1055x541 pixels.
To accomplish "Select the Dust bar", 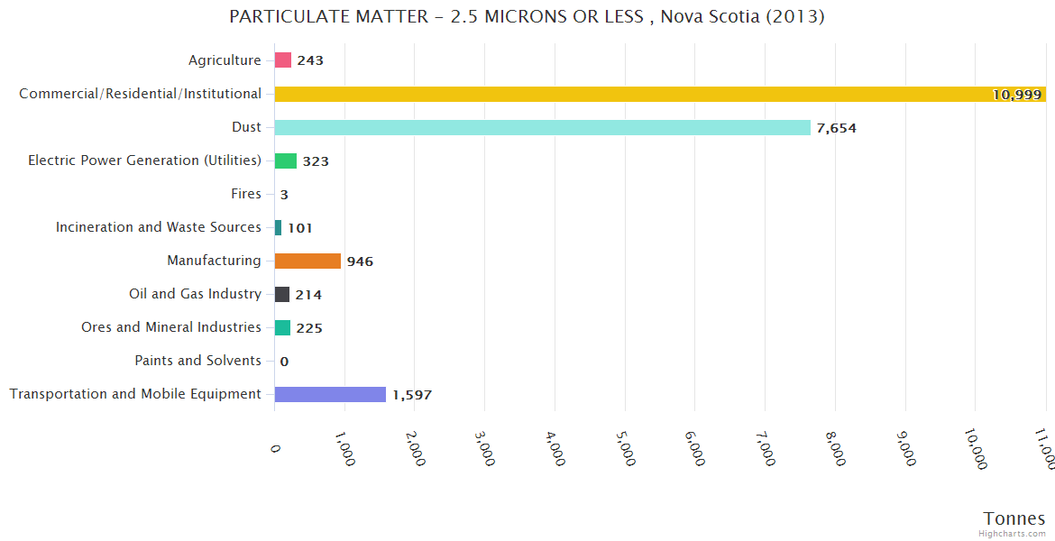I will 542,127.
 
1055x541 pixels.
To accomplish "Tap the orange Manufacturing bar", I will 307,261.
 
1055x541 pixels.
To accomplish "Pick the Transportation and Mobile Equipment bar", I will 330,394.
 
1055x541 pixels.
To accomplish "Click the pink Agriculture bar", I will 283,60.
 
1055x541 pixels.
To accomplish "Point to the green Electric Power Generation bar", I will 286,160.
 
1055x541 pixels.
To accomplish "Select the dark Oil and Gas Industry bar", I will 282,294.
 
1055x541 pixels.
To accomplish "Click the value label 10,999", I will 1016,95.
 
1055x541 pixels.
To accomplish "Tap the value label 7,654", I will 836,128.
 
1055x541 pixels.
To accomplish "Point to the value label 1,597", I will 413,395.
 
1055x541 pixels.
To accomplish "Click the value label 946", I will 360,261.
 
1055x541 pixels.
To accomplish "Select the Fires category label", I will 246,194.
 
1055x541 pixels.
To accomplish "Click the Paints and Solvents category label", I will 197,361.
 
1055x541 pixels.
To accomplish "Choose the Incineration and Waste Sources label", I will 159,227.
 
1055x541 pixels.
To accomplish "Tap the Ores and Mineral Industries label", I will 171,327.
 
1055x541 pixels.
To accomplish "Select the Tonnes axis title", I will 1014,518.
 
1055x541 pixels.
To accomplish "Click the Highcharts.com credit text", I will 1012,534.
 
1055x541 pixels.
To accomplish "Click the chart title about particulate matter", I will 527,17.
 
